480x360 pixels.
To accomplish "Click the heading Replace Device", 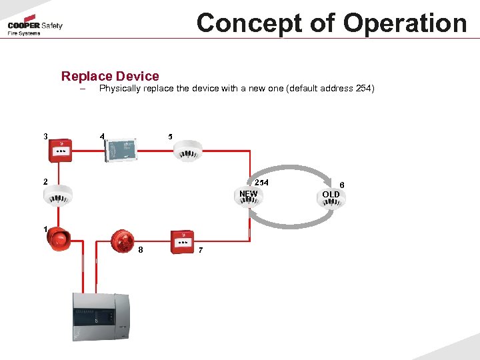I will (110, 76).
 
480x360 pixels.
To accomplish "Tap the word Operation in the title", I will (405, 23).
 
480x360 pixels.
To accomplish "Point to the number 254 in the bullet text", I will (363, 88).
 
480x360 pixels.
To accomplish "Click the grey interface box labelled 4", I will (121, 149).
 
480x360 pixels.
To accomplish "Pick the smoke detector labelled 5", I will (187, 150).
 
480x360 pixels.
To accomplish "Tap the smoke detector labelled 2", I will (57, 194).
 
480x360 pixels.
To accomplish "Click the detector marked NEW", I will (248, 198).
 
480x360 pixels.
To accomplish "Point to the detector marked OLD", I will (331, 199).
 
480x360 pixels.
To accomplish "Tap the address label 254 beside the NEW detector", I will (262, 182).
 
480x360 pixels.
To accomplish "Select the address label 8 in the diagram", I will (141, 250).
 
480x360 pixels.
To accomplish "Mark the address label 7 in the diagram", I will (201, 250).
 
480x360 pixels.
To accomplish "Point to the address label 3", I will (45, 137).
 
